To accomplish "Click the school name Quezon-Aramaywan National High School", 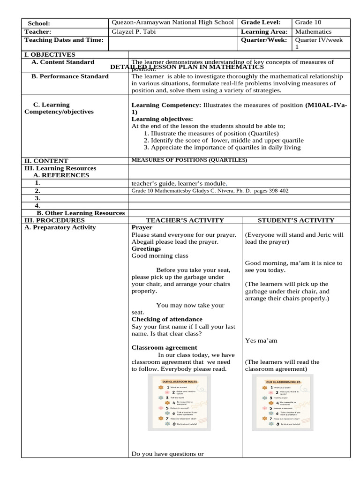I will click(x=172, y=22).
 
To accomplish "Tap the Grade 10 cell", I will click(x=308, y=22).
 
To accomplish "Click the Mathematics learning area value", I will click(x=313, y=31).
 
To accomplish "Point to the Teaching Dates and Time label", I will click(x=64, y=40).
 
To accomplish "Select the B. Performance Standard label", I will click(x=70, y=76).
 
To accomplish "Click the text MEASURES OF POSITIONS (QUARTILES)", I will click(x=189, y=160).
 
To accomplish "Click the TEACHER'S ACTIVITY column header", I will click(x=185, y=220).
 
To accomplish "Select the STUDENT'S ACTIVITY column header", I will click(x=296, y=220).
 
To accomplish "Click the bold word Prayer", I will click(x=142, y=227).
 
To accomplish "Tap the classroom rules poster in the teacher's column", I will click(x=179, y=405).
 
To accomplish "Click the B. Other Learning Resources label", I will click(x=81, y=213).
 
